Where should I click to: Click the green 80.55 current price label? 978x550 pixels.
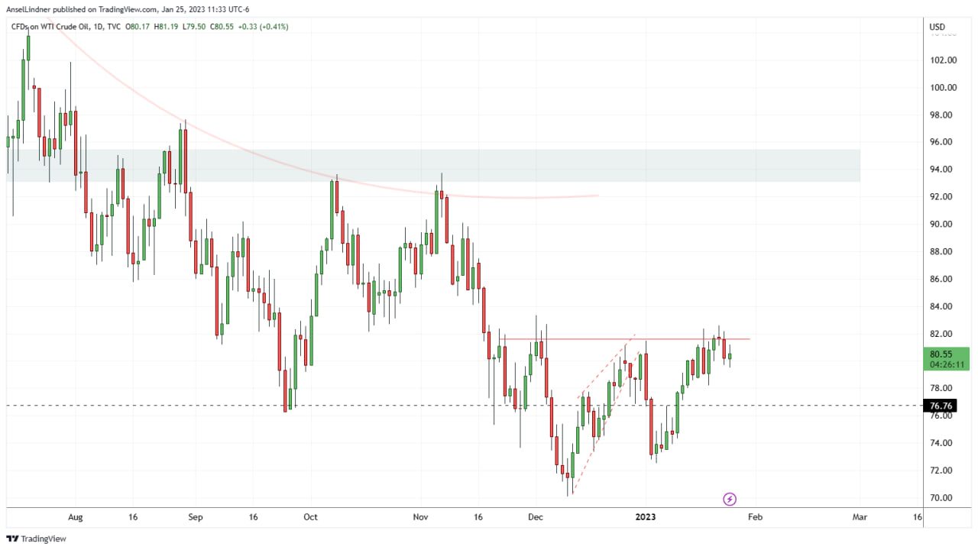click(x=941, y=354)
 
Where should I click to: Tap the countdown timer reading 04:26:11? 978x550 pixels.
click(x=946, y=364)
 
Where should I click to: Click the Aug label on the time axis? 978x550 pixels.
click(x=75, y=517)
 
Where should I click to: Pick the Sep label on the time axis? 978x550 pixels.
click(x=195, y=517)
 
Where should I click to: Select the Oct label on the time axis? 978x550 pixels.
click(x=310, y=517)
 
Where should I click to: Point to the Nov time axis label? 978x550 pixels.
click(x=419, y=517)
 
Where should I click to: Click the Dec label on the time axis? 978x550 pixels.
click(x=535, y=517)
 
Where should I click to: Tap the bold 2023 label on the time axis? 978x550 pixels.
click(x=646, y=517)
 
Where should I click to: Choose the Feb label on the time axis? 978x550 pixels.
click(x=754, y=517)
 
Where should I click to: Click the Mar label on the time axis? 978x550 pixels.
click(x=860, y=517)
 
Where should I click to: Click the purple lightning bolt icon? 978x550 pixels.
click(x=730, y=499)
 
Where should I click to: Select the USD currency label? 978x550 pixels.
click(x=937, y=27)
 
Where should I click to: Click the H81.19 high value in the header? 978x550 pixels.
click(x=167, y=27)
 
